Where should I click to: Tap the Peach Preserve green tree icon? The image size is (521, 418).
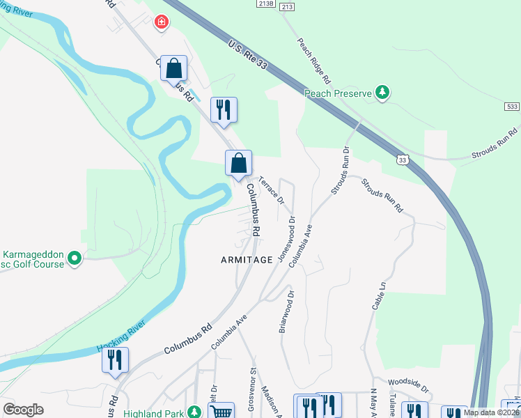(x=382, y=92)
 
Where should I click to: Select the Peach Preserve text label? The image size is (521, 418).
(x=339, y=93)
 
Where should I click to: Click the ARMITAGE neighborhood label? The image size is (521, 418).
(x=247, y=259)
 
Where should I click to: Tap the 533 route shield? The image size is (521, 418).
(x=512, y=107)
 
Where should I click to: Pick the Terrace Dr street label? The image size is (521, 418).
(x=272, y=189)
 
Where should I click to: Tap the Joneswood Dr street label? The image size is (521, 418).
(x=286, y=239)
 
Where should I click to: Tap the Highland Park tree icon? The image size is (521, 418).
(x=197, y=413)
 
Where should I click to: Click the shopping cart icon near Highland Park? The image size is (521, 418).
(x=221, y=412)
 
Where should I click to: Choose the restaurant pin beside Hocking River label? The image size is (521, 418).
(x=115, y=361)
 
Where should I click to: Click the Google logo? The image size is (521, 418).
(x=24, y=410)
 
